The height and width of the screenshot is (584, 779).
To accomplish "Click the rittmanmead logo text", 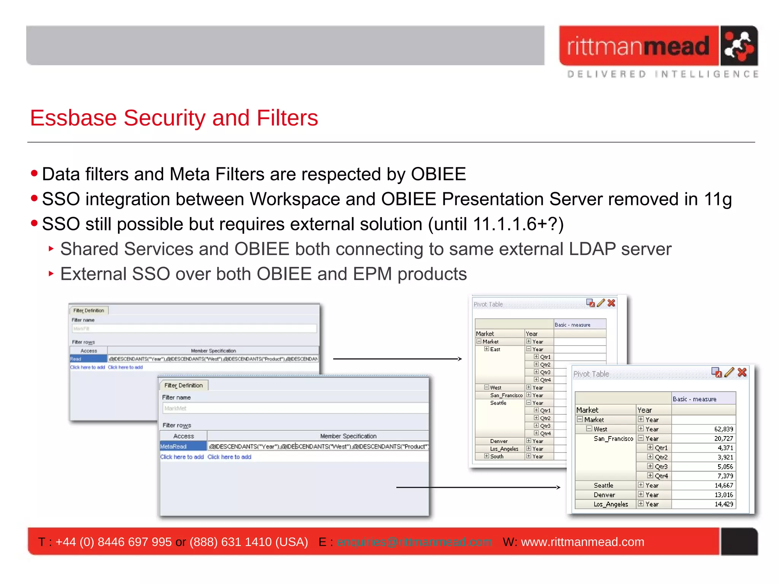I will tap(638, 46).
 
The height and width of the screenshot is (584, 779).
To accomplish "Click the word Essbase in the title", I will tap(73, 118).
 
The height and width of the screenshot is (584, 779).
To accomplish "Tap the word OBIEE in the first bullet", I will tap(438, 175).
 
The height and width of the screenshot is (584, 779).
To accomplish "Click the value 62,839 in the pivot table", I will tap(723, 429).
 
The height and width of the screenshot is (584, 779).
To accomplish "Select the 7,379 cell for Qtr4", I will tap(725, 476).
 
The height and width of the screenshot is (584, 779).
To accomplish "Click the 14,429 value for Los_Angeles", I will tap(723, 504).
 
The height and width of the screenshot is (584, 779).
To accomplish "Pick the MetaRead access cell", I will tap(183, 446).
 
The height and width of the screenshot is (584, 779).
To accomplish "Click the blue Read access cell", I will tap(88, 359).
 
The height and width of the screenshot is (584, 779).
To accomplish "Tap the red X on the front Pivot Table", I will tap(742, 372).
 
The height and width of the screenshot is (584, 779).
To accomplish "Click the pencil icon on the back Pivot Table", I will tap(601, 303).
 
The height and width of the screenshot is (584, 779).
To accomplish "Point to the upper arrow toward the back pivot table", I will tap(397, 359).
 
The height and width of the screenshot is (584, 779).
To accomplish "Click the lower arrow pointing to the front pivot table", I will tap(478, 487).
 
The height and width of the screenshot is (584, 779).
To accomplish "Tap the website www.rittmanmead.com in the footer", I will tap(582, 542).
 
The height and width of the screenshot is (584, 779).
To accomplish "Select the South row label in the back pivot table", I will tap(497, 456).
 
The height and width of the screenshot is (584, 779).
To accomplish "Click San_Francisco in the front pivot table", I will tap(613, 438).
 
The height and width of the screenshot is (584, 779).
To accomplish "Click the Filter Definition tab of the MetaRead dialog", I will tap(183, 385).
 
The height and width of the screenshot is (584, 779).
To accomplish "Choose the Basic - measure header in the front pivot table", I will tap(694, 399).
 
